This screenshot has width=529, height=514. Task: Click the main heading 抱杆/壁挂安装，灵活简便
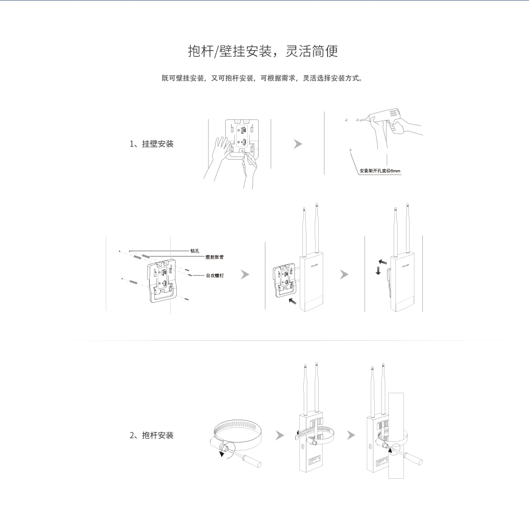263,51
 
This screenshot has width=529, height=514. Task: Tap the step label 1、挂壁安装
152,144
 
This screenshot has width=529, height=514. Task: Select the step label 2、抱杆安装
152,435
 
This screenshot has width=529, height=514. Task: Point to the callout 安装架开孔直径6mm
380,171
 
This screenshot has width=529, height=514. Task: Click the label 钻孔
195,250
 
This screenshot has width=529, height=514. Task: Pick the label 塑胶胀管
215,257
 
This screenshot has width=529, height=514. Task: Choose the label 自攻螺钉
215,275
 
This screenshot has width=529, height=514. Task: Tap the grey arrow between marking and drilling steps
298,144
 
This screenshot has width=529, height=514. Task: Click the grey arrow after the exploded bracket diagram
245,274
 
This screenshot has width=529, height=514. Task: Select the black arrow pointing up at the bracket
292,302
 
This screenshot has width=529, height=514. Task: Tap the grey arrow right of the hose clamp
279,435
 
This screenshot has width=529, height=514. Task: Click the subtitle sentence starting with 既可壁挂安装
263,78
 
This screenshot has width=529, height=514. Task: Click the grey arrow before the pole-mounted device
351,435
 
